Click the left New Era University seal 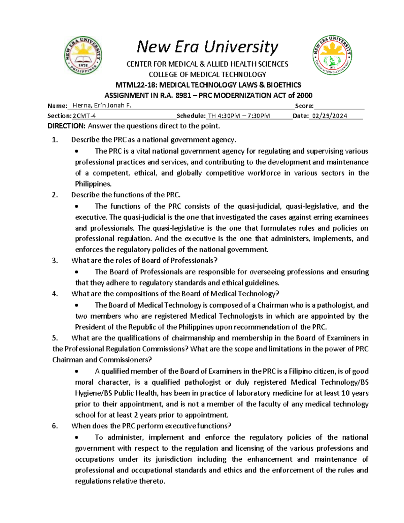point(83,55)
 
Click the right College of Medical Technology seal point(332,55)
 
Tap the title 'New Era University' point(207,47)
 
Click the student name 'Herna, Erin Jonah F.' point(102,106)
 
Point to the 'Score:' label point(304,106)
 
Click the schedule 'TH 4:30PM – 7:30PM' point(239,116)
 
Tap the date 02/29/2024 point(329,116)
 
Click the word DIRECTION point(66,126)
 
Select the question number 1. point(55,140)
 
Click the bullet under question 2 point(77,206)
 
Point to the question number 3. point(55,260)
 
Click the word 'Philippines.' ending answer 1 point(93,184)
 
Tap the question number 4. point(55,294)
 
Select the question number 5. point(55,338)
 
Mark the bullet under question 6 point(77,437)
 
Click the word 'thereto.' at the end point(152,481)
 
